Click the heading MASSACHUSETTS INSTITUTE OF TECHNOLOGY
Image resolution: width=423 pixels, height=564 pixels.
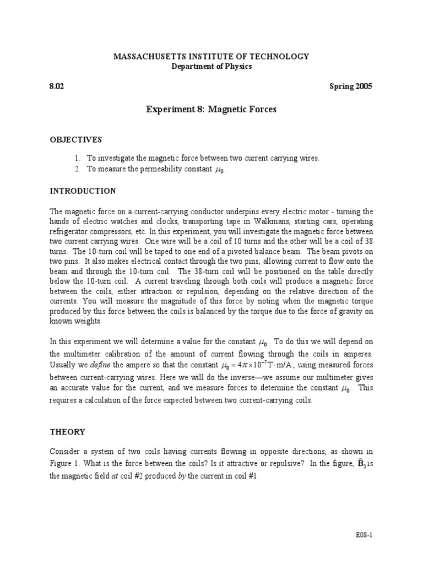(211, 57)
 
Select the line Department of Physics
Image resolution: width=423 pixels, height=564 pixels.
(211, 67)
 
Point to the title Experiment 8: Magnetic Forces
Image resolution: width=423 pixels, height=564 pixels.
(211, 110)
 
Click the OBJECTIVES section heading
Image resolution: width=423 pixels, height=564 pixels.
(76, 140)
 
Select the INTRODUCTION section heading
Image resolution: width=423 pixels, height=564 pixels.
(83, 191)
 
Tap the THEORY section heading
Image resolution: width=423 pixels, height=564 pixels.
(67, 432)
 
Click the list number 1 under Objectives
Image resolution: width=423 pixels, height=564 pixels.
(78, 158)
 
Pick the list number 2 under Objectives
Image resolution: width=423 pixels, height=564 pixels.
(78, 169)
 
